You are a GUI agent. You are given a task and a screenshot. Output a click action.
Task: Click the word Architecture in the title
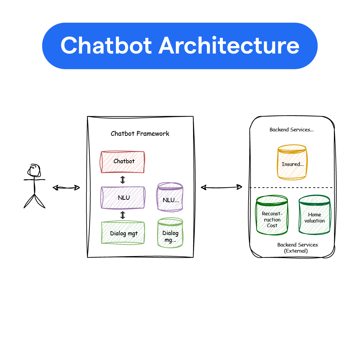(x=229, y=46)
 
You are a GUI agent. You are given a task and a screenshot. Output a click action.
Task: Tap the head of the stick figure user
(x=35, y=171)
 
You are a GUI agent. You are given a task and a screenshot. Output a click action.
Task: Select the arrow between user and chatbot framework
(x=66, y=187)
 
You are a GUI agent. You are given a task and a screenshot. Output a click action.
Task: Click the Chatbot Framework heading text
(x=140, y=133)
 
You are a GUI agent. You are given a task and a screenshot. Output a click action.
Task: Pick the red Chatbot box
(x=123, y=162)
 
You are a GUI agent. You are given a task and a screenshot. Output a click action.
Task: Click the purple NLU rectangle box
(x=123, y=197)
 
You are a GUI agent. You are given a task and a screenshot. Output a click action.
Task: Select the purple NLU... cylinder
(x=170, y=198)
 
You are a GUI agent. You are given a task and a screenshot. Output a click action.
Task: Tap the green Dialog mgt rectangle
(x=123, y=233)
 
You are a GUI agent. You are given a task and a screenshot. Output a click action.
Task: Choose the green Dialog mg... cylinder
(x=170, y=234)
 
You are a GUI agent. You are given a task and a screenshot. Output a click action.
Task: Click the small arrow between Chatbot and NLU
(x=123, y=180)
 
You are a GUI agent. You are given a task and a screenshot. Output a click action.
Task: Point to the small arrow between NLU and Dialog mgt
(x=123, y=215)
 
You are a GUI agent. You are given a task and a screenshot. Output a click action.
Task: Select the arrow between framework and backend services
(x=221, y=187)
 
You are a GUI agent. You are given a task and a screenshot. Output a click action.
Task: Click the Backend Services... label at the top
(x=291, y=130)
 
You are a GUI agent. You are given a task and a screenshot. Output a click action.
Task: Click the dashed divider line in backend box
(x=291, y=188)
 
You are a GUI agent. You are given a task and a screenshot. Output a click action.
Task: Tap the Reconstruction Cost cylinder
(x=272, y=216)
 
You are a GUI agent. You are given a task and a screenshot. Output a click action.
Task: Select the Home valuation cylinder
(x=314, y=216)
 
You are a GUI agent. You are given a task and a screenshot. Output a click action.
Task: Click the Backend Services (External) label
(x=297, y=248)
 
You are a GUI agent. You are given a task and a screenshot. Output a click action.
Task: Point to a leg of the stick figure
(x=29, y=202)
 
